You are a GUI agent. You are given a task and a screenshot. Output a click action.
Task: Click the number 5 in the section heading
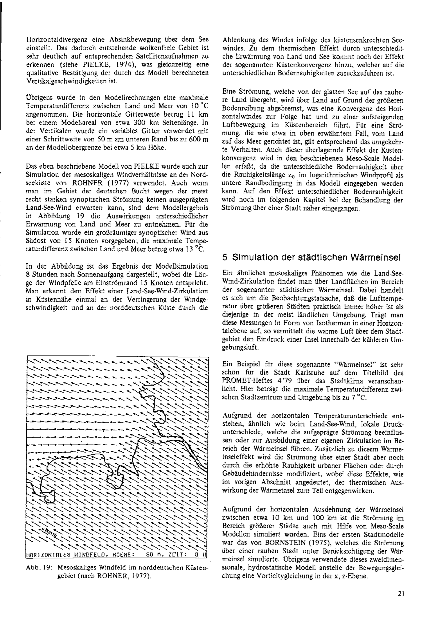pos(225,257)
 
